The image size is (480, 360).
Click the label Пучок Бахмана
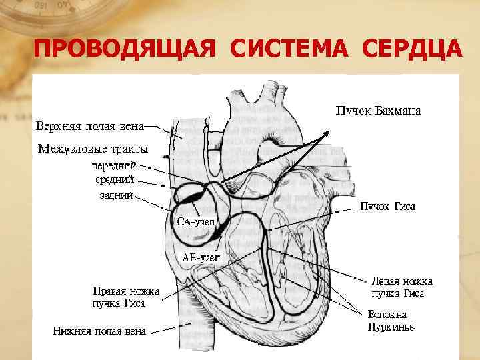377,110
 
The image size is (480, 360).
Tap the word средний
115,179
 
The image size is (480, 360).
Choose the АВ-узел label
201,257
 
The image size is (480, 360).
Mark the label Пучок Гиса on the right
387,207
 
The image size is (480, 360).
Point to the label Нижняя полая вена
100,330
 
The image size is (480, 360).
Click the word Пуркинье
391,327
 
